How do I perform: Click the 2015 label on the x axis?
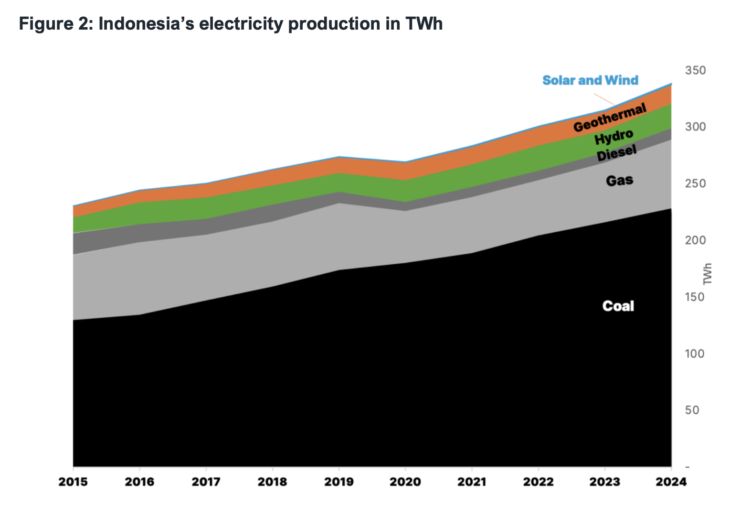(73, 481)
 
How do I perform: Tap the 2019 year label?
(338, 481)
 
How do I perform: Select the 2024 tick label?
(671, 481)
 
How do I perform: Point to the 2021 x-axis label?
(472, 481)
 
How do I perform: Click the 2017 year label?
(206, 481)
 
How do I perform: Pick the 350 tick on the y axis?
(695, 71)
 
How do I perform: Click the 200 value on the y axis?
(695, 240)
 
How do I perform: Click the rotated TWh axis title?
(708, 274)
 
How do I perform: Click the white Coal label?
(618, 306)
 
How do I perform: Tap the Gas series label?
(619, 181)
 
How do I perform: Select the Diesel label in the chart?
(616, 154)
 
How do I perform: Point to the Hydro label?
(613, 138)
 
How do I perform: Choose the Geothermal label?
(610, 118)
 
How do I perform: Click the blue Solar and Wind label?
(590, 80)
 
